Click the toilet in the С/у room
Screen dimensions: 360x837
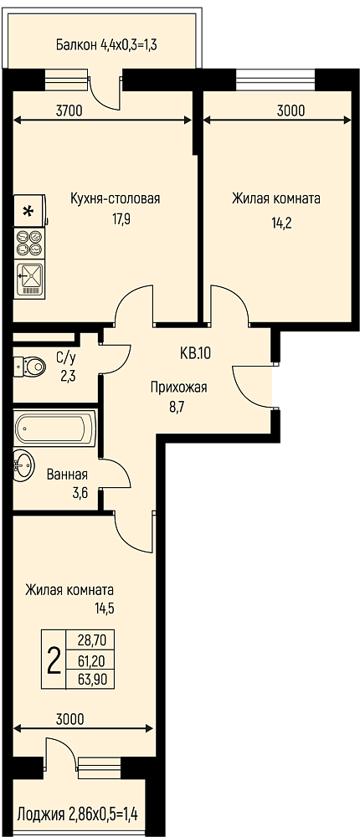click(x=30, y=366)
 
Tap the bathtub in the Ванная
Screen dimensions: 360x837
click(x=55, y=428)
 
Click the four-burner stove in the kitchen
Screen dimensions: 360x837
click(x=29, y=242)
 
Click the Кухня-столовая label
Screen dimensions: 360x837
click(x=116, y=199)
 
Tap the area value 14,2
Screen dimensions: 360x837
click(x=281, y=222)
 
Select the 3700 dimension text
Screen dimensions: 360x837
click(x=69, y=111)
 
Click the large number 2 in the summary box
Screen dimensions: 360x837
click(x=54, y=661)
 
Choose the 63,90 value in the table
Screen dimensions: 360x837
click(x=90, y=679)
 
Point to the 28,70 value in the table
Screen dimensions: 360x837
click(x=90, y=639)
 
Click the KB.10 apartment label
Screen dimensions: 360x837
click(x=195, y=353)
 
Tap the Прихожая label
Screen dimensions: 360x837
click(x=177, y=388)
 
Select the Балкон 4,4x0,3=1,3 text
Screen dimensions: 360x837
click(x=105, y=45)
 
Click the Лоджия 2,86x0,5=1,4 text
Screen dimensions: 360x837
click(x=78, y=814)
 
